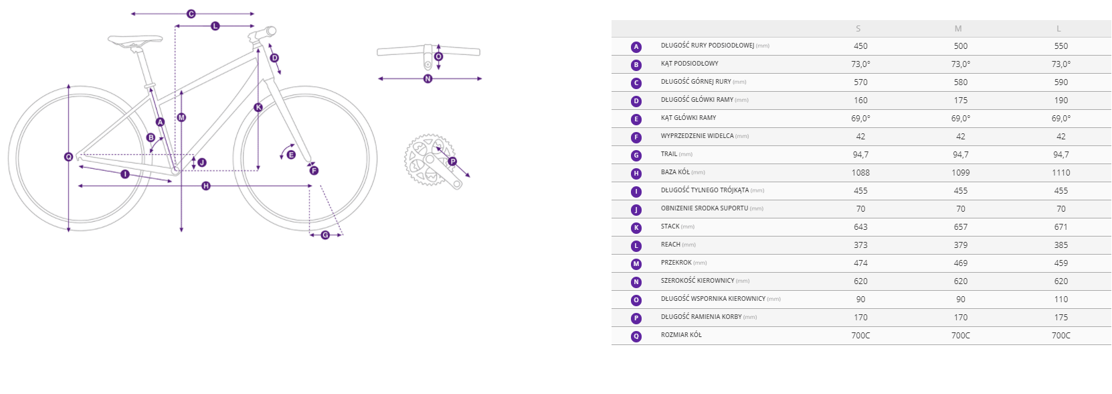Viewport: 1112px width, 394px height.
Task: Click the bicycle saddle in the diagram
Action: tap(135, 40)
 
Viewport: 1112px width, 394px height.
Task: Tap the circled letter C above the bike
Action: tap(191, 14)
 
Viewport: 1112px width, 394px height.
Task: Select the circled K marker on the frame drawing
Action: tap(258, 107)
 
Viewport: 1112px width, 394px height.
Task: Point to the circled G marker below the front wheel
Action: tap(325, 235)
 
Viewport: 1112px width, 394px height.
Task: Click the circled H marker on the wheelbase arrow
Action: tap(206, 186)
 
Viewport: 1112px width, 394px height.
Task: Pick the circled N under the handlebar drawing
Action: tap(428, 78)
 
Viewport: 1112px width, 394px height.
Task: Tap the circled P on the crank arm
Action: tap(452, 161)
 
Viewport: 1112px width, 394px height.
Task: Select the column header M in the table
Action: tap(958, 29)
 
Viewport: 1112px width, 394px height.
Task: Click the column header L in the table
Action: tap(1058, 29)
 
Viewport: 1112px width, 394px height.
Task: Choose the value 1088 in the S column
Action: tap(861, 173)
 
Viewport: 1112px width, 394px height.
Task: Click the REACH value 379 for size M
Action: tap(961, 245)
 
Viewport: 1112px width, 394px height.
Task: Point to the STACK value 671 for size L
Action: tap(1061, 227)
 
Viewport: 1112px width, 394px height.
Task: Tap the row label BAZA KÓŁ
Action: tap(675, 172)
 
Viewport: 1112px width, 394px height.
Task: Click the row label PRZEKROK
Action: tap(676, 263)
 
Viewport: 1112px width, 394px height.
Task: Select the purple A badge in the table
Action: tap(636, 48)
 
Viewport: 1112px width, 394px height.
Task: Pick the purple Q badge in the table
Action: tap(636, 337)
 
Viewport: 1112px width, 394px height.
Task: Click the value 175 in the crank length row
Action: tap(1061, 318)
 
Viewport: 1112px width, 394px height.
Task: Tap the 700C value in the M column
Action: tap(961, 335)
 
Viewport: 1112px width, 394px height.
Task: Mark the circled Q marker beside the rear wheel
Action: tap(68, 157)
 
